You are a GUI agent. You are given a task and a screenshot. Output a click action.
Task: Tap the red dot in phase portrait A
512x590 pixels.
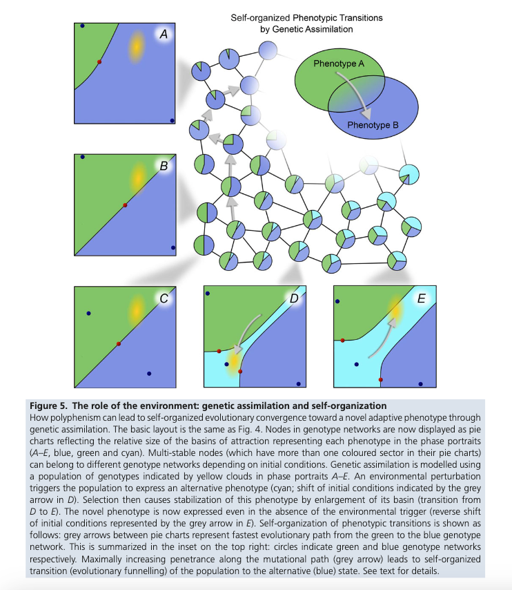coord(99,62)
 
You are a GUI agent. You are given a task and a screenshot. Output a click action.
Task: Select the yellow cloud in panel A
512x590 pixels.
coord(137,46)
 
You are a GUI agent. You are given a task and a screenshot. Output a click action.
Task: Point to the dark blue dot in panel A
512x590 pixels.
coord(82,26)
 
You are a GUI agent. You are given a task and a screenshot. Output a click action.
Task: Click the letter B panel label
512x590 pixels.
coord(164,166)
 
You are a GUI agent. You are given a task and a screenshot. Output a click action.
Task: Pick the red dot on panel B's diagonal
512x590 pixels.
coord(124,205)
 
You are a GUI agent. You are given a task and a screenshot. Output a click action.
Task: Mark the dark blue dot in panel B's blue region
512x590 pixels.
coord(173,247)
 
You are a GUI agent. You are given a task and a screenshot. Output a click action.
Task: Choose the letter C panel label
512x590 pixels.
coord(164,298)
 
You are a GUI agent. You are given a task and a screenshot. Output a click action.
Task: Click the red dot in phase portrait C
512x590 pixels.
coord(119,343)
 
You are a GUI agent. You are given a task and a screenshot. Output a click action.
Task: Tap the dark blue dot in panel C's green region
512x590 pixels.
coord(88,314)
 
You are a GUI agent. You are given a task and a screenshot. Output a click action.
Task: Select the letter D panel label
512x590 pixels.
coord(294,298)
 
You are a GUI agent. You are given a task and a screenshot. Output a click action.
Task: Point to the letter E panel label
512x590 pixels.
coord(421,298)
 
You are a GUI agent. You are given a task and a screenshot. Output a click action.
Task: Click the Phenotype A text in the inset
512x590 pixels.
coord(339,63)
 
